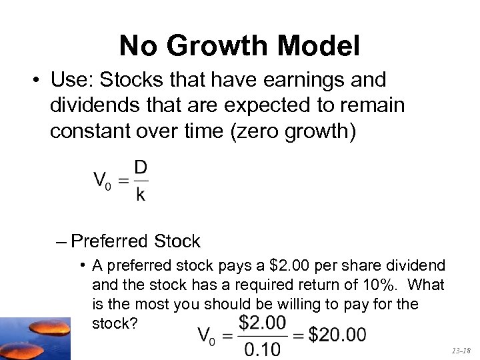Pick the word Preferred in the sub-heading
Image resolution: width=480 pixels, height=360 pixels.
tap(109, 241)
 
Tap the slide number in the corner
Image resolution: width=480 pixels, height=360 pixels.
tap(461, 349)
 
